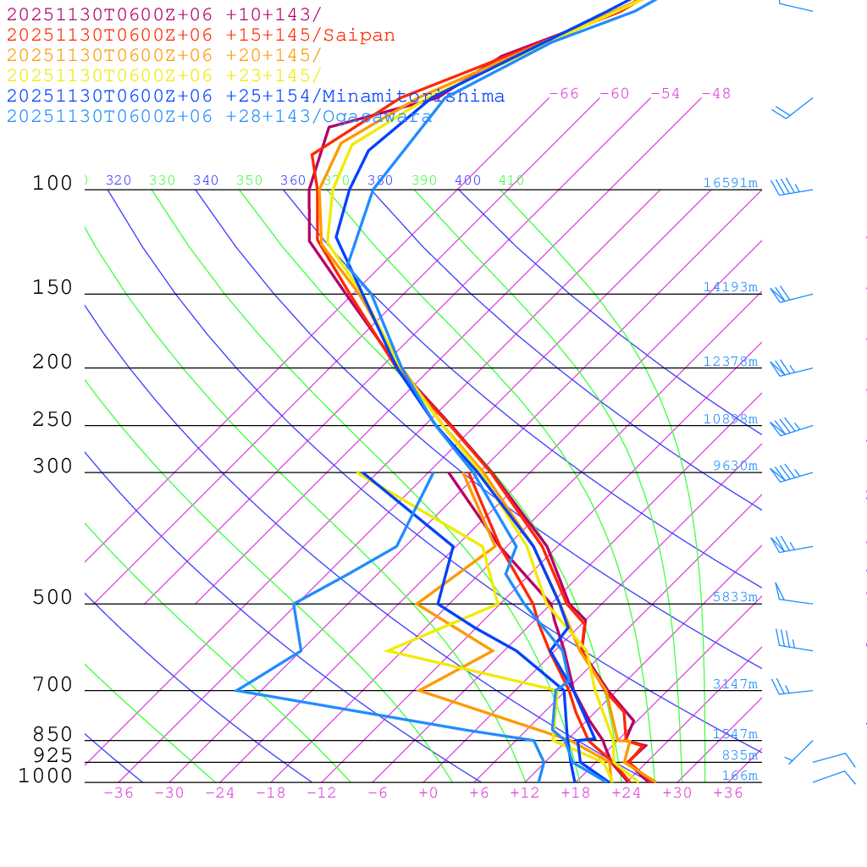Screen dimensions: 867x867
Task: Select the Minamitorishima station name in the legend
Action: point(413,97)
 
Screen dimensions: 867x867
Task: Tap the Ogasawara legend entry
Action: point(375,117)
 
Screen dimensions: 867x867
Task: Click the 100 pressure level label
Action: point(52,184)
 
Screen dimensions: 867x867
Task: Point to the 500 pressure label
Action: point(52,598)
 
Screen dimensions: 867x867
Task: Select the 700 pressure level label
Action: point(52,685)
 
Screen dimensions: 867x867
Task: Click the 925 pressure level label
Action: point(52,755)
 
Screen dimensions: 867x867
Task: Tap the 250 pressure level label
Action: point(52,420)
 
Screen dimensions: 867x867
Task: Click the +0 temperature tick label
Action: point(428,793)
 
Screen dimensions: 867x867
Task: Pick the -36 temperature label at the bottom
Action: point(118,793)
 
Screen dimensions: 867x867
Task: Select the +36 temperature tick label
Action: point(728,793)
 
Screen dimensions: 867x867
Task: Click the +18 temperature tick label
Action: point(576,793)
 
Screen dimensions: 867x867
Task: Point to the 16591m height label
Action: point(730,183)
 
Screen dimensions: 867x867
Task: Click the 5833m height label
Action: point(734,597)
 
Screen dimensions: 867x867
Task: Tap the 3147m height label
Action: point(734,684)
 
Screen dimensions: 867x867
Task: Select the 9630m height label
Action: point(734,466)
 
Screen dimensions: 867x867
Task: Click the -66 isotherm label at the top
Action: point(564,94)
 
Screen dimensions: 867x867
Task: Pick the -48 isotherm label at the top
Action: point(715,94)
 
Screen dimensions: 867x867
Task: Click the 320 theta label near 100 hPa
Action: point(119,180)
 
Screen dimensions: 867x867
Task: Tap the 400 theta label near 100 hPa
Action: point(467,180)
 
